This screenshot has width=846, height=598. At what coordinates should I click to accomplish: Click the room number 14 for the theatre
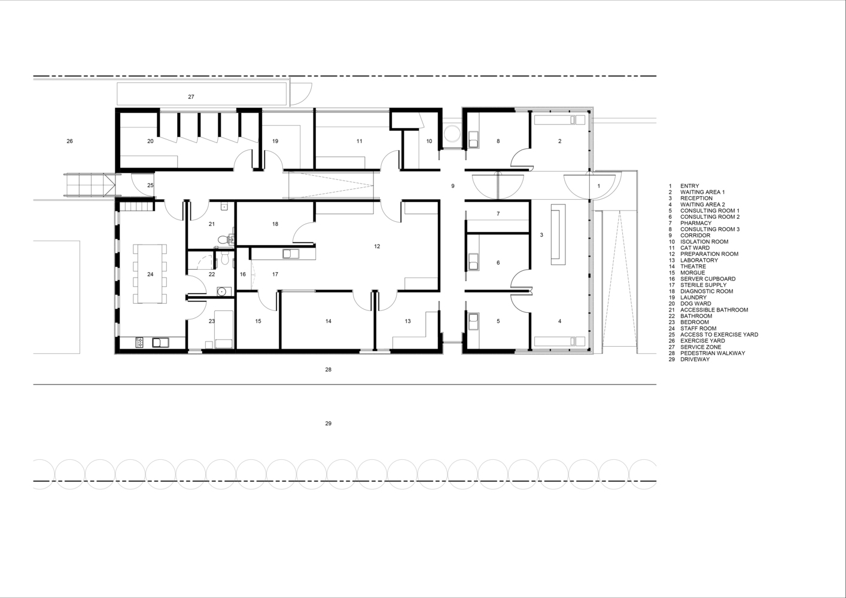tap(328, 321)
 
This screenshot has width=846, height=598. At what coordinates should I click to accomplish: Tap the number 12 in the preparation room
tap(377, 246)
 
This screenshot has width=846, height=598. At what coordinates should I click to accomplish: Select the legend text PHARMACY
tap(696, 223)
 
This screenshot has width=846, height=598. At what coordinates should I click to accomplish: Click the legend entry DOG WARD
tap(696, 304)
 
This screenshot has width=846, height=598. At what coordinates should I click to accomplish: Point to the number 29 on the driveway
tap(328, 423)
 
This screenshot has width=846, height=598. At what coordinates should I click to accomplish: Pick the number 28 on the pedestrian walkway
tap(328, 370)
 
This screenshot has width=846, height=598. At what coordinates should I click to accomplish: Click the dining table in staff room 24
tap(150, 274)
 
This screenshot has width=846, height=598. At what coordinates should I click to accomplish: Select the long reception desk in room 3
tap(558, 234)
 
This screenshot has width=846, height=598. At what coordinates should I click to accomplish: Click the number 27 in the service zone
tap(191, 97)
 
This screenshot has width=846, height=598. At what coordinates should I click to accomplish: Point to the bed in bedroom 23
tap(224, 329)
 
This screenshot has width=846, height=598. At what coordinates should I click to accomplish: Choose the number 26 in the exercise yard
tap(69, 141)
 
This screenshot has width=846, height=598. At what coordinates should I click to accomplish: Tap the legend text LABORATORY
tap(699, 260)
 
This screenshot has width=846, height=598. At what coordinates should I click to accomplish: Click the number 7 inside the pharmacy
tap(498, 213)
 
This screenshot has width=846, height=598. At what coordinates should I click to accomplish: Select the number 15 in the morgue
tap(258, 321)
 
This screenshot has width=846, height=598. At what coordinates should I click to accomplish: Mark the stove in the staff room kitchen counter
tap(140, 343)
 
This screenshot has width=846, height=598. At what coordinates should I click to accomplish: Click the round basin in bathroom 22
tap(221, 291)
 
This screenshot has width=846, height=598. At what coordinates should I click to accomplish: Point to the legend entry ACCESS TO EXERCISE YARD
tap(719, 334)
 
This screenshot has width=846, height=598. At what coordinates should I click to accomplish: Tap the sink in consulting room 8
tap(474, 139)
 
